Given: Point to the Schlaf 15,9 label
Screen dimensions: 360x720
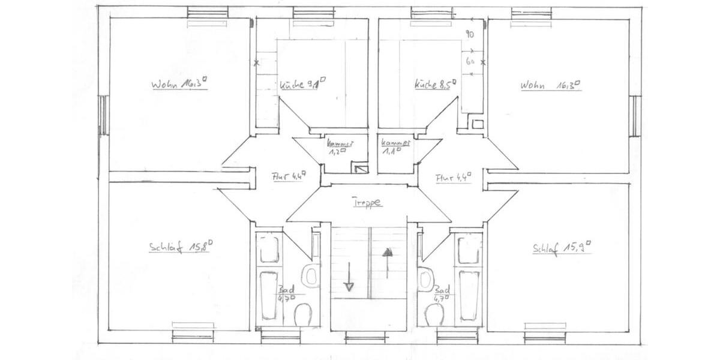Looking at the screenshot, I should (x=562, y=247).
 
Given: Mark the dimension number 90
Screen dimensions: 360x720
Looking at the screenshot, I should (x=470, y=35).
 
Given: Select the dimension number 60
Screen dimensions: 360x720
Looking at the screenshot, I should (x=470, y=61).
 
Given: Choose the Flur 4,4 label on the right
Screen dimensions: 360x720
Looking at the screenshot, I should (x=453, y=177).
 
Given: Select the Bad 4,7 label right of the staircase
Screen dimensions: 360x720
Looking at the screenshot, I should (x=443, y=292).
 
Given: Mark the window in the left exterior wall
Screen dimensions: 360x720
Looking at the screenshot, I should (x=103, y=115).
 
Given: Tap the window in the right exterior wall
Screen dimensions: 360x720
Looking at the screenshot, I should (x=635, y=115).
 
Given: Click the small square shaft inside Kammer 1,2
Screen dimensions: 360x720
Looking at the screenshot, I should (x=359, y=169).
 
